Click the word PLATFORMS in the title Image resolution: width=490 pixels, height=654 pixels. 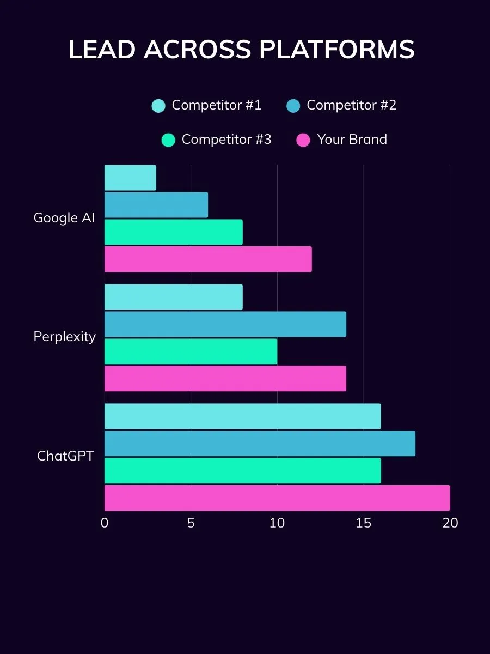pyautogui.click(x=336, y=50)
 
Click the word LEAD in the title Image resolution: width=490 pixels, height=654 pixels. pyautogui.click(x=102, y=50)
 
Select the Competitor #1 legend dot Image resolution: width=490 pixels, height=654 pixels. pyautogui.click(x=158, y=106)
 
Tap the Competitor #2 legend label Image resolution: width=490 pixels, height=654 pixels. pyautogui.click(x=351, y=105)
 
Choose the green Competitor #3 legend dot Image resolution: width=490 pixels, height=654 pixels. pyautogui.click(x=168, y=140)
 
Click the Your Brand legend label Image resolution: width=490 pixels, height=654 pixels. pyautogui.click(x=352, y=140)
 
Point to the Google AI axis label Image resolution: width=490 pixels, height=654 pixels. pyautogui.click(x=64, y=218)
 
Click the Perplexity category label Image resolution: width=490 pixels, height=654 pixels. pyautogui.click(x=64, y=337)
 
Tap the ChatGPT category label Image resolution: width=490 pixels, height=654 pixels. pyautogui.click(x=65, y=456)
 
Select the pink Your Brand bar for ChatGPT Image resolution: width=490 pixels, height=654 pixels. pyautogui.click(x=277, y=498)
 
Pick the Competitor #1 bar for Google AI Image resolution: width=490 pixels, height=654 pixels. pyautogui.click(x=130, y=178)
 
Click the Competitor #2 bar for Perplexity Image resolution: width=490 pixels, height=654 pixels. pyautogui.click(x=225, y=324)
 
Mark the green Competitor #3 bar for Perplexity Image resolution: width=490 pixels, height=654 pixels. pyautogui.click(x=191, y=352)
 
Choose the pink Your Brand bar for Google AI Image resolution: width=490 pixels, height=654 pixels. pyautogui.click(x=208, y=259)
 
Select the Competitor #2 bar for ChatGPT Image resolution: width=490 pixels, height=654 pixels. pyautogui.click(x=260, y=444)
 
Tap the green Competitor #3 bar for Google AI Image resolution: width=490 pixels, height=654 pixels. pyautogui.click(x=173, y=232)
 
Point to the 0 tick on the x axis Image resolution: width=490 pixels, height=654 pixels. pyautogui.click(x=105, y=523)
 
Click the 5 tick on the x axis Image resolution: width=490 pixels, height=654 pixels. pyautogui.click(x=191, y=523)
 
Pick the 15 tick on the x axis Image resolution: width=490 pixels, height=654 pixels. pyautogui.click(x=364, y=523)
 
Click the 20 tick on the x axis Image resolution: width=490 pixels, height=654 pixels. pyautogui.click(x=450, y=523)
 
